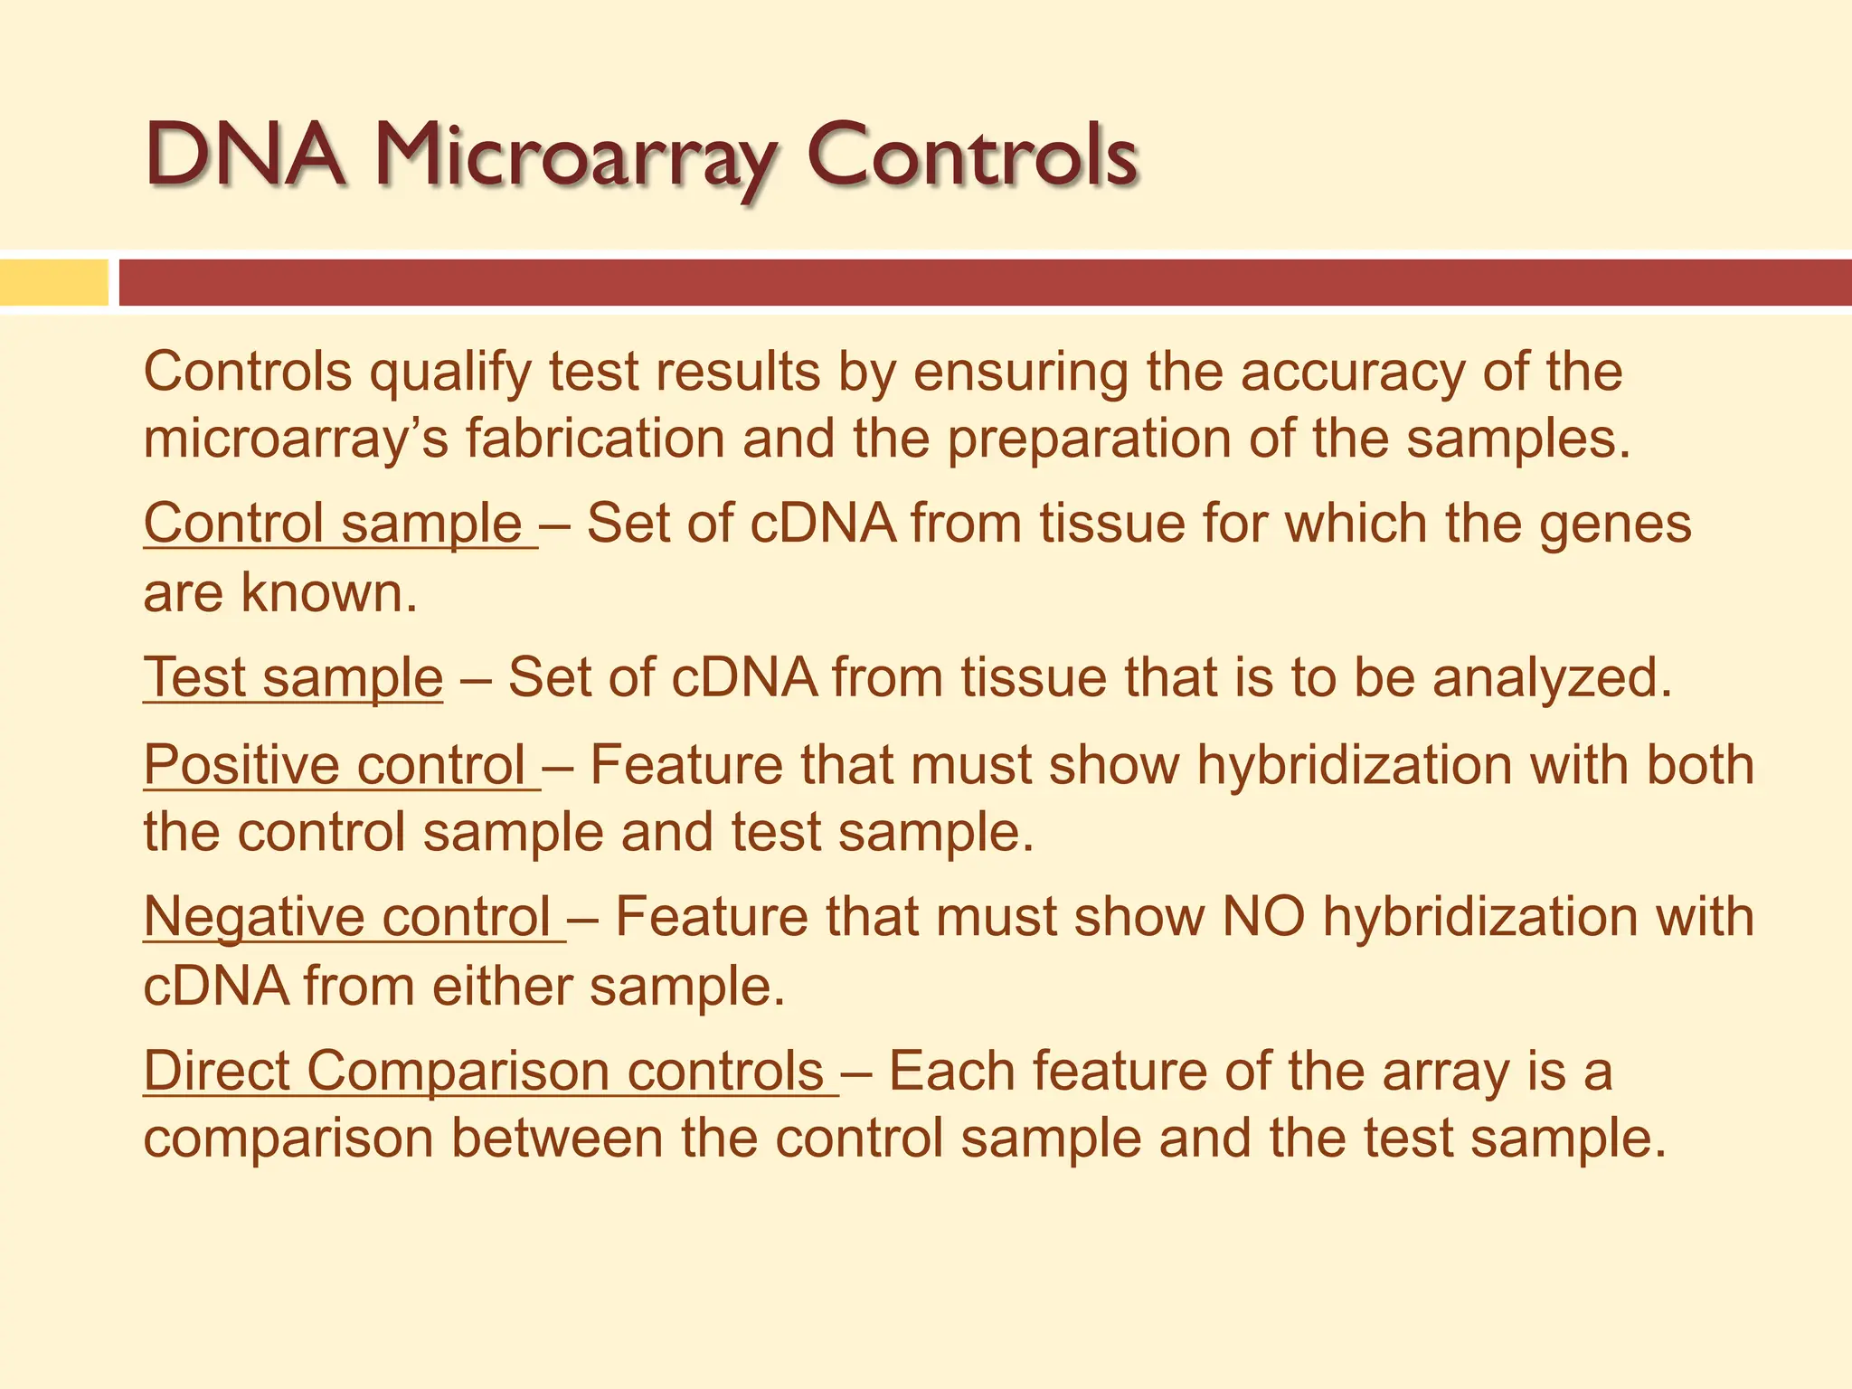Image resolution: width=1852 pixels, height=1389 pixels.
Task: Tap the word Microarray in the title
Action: pyautogui.click(x=575, y=158)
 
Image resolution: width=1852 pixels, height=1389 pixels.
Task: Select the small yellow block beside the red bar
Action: pyautogui.click(x=53, y=282)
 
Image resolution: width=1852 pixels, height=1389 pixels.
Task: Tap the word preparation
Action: pyautogui.click(x=1089, y=440)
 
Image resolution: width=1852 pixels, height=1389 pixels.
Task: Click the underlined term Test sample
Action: pyautogui.click(x=293, y=677)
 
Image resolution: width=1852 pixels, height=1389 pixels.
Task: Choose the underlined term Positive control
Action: pyautogui.click(x=335, y=765)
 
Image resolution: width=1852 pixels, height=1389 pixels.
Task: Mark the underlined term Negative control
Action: pyautogui.click(x=348, y=917)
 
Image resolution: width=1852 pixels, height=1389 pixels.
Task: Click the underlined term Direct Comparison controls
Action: pyautogui.click(x=484, y=1071)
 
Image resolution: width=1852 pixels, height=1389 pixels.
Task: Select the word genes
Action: pyautogui.click(x=1615, y=525)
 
